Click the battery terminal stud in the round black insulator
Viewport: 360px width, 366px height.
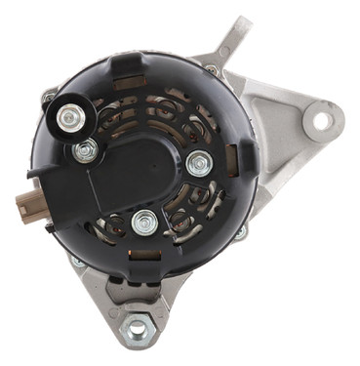pos(68,119)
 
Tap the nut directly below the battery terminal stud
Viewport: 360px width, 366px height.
pos(87,150)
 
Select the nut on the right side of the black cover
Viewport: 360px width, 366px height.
pos(199,163)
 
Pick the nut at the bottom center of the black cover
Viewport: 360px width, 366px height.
pos(145,220)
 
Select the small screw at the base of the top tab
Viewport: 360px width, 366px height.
pos(212,69)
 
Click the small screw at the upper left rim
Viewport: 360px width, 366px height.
pos(48,98)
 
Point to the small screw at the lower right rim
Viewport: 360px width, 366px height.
pos(240,232)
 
